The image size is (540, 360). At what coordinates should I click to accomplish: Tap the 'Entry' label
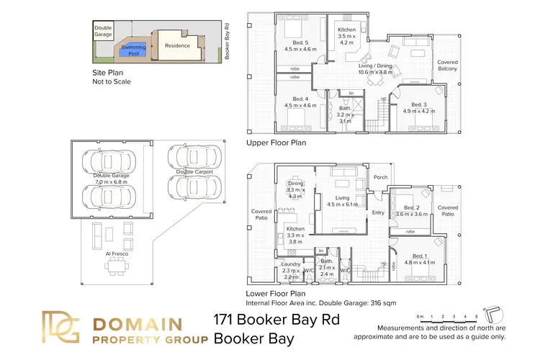tap(378, 212)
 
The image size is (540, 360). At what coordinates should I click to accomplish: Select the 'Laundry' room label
tap(290, 264)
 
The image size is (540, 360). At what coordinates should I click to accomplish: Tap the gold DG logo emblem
tap(63, 328)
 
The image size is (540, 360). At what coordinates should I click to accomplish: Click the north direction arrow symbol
tap(493, 315)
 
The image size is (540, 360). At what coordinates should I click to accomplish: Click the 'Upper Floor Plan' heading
tap(276, 143)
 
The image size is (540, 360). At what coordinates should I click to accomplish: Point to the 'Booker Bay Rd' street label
tap(227, 41)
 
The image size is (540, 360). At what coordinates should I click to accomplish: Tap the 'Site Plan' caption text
tap(110, 73)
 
